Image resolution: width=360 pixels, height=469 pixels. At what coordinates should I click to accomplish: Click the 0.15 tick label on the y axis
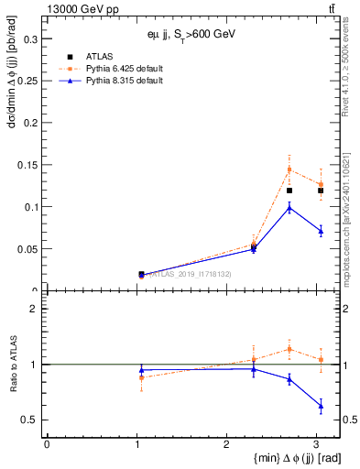[27, 165]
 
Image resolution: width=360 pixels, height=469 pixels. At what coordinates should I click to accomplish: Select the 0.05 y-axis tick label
[27, 248]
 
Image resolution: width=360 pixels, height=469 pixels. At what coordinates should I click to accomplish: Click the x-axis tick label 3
[314, 445]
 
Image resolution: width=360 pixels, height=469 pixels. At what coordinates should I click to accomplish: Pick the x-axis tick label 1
[136, 445]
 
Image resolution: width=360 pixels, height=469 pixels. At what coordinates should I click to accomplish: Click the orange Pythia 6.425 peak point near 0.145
[289, 169]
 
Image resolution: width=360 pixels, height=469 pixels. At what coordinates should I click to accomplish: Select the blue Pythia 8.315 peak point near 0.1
[289, 207]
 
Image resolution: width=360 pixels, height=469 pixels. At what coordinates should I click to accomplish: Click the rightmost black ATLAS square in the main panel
[320, 191]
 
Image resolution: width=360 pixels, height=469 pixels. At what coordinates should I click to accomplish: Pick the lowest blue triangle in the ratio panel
[320, 405]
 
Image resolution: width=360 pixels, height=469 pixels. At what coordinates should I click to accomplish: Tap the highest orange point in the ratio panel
[289, 349]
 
